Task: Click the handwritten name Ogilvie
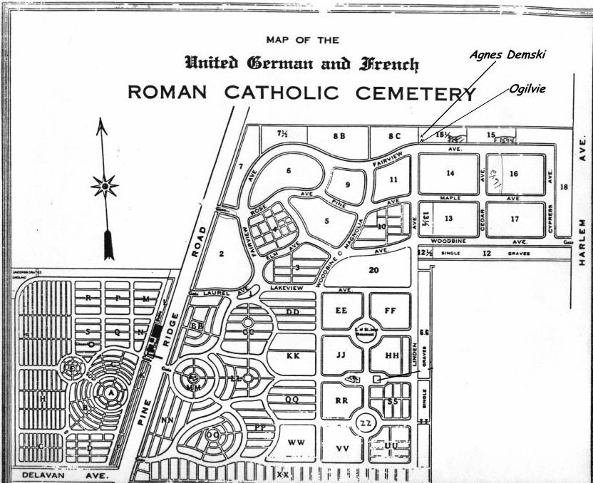527,90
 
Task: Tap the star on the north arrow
105,187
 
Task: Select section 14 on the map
450,173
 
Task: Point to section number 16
514,173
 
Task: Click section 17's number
515,219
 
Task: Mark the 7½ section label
282,133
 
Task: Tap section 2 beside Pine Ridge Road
222,253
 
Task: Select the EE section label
341,311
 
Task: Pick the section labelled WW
296,442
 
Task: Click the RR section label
341,401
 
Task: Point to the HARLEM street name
582,242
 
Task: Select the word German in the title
279,63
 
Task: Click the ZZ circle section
366,423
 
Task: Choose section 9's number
348,185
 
